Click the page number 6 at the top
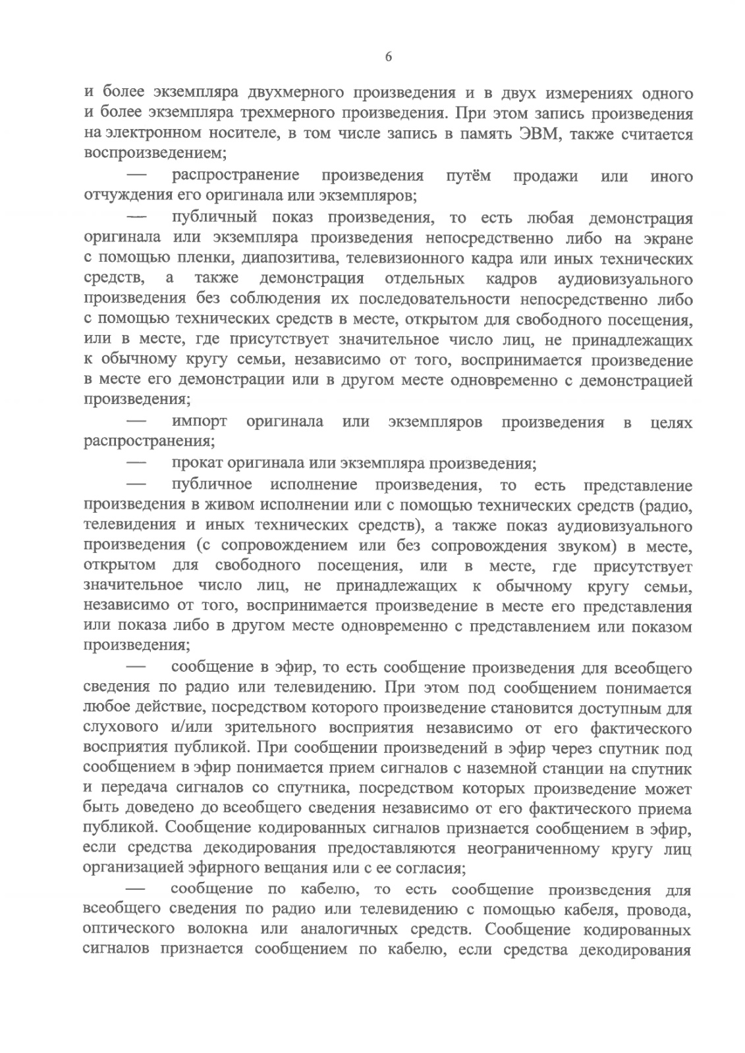[x=389, y=57]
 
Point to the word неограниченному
[x=536, y=848]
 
